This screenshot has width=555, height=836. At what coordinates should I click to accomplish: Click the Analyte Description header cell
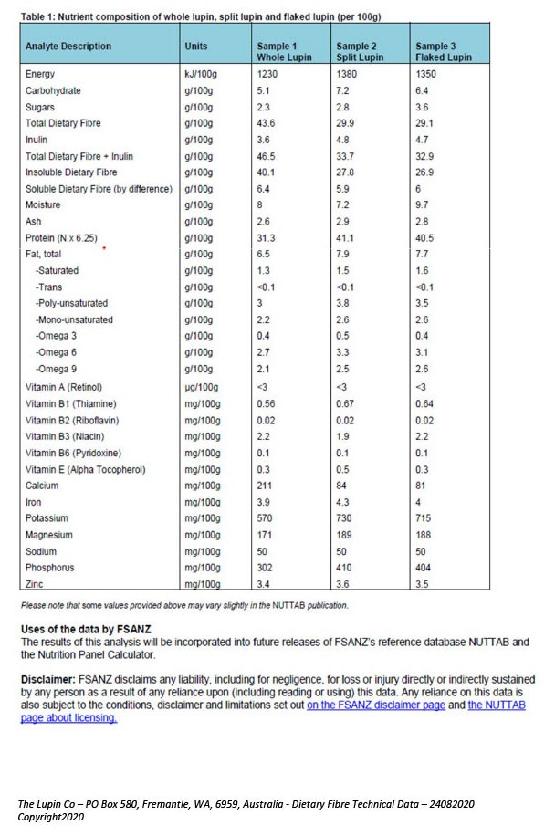(x=68, y=46)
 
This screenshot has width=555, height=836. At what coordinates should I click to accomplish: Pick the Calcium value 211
(x=264, y=486)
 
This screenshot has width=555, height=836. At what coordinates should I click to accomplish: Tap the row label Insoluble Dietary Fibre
(x=71, y=172)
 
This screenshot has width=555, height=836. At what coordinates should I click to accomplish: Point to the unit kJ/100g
(x=203, y=75)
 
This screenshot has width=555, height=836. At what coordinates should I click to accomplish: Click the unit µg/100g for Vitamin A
(x=203, y=387)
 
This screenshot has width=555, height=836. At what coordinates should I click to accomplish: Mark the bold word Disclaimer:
(x=51, y=681)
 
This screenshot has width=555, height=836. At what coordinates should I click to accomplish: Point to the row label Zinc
(x=35, y=584)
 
